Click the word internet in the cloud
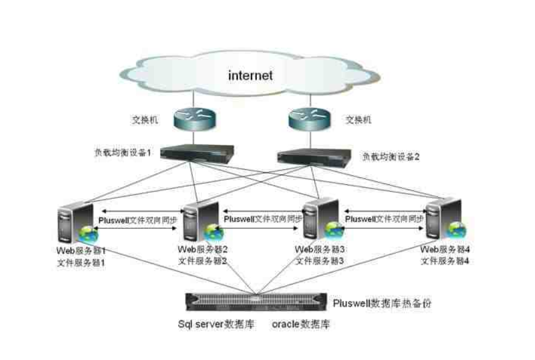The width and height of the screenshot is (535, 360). (x=250, y=76)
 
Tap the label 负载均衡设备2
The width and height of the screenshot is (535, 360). (x=391, y=156)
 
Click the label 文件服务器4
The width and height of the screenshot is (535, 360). (x=446, y=261)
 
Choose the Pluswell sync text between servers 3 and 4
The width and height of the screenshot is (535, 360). (x=384, y=220)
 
